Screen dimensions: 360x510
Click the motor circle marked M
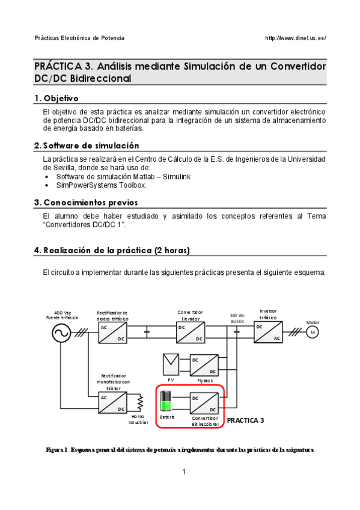[312, 333]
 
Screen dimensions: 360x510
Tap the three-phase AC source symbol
[62, 333]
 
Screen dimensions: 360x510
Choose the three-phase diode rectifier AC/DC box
[113, 333]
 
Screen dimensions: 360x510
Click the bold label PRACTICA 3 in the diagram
[245, 421]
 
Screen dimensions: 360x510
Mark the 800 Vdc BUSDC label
[237, 318]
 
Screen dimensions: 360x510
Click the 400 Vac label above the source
[63, 313]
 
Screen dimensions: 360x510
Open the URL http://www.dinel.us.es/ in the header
[296, 38]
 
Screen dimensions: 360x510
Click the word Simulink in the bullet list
[176, 176]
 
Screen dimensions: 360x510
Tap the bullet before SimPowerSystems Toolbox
[46, 185]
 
